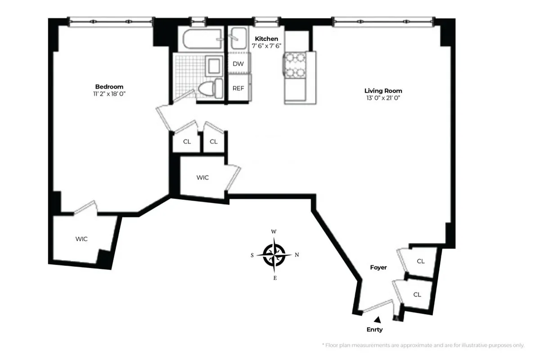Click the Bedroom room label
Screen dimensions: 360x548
coord(109,86)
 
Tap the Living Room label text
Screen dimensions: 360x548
coord(383,90)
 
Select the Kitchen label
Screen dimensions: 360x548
coord(266,39)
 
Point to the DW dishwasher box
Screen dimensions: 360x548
coord(238,64)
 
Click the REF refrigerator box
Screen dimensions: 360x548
coord(238,88)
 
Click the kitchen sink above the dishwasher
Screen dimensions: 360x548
coord(238,39)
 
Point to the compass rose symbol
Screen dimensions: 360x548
coord(274,255)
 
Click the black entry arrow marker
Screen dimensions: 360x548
coord(378,319)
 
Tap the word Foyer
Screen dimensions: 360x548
coord(378,267)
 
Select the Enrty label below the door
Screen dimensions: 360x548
coord(375,329)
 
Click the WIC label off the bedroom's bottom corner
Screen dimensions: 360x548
coord(81,239)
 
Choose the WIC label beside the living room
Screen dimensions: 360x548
coord(202,177)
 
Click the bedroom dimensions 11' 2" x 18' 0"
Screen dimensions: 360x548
coord(109,94)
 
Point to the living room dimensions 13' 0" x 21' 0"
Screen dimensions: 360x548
coord(383,98)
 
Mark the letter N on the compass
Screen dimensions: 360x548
coord(297,255)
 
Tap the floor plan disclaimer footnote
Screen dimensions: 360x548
coord(423,345)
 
